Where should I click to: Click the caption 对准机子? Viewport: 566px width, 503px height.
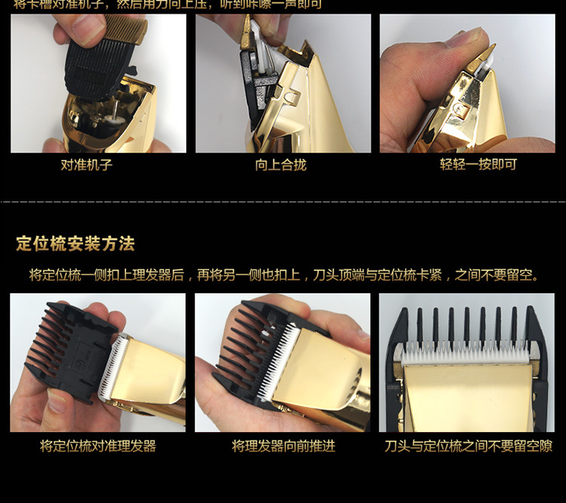tap(87, 164)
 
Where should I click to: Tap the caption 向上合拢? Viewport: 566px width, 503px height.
tap(281, 164)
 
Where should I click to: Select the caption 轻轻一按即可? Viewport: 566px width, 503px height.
tap(478, 164)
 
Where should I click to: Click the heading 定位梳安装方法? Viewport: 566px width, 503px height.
tap(75, 244)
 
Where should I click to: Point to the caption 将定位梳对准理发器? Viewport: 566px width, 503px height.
tap(98, 446)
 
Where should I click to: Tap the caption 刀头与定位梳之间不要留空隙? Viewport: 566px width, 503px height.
tap(469, 446)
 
